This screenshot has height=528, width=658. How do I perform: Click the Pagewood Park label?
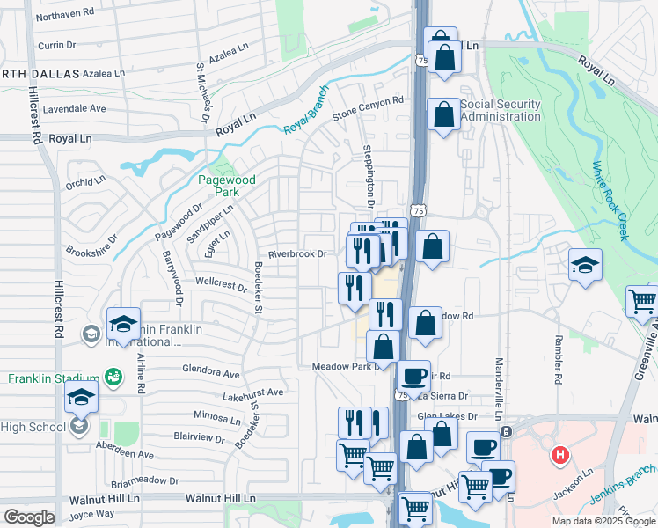tap(226, 186)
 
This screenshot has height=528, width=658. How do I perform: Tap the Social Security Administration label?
tap(500, 110)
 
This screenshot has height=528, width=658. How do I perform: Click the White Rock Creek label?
tap(610, 201)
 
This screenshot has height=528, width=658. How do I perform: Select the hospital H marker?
tap(559, 456)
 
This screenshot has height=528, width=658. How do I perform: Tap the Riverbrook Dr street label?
tap(297, 253)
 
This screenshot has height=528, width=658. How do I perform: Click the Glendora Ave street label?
tap(211, 373)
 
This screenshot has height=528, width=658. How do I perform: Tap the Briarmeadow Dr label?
tap(145, 482)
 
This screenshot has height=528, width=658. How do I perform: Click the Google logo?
tap(29, 517)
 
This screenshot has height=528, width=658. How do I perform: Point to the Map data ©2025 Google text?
tap(603, 521)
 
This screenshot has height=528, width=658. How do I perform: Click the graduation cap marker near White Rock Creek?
tap(585, 265)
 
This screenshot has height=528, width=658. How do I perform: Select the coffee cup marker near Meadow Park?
tap(413, 376)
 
